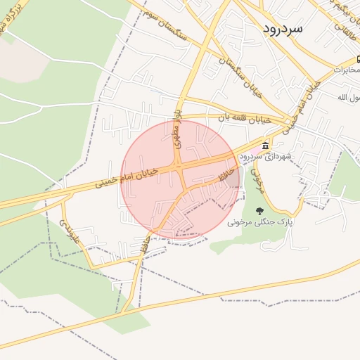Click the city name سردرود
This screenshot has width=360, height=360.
pos(283,29)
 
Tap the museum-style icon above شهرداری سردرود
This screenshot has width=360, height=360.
pos(265,146)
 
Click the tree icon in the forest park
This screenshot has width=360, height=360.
pos(260,210)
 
